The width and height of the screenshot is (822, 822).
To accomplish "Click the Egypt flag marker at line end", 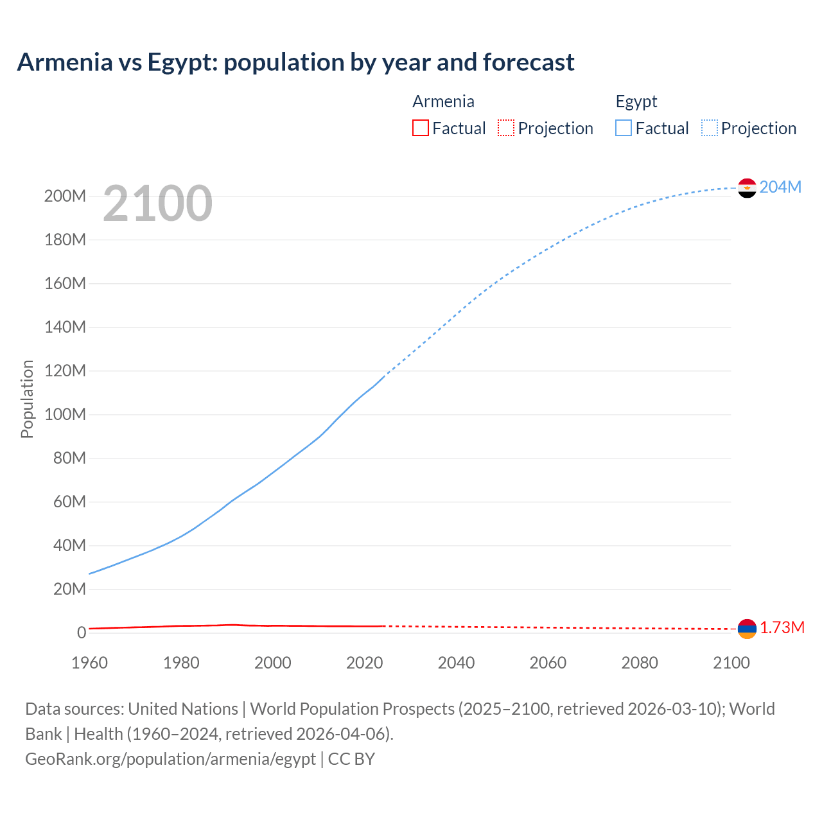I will (747, 188).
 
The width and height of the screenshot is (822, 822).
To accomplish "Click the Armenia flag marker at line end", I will (747, 629).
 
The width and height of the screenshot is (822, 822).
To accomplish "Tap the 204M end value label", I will (780, 187).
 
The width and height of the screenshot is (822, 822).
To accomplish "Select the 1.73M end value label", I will (782, 627).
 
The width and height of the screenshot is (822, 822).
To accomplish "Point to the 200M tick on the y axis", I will (65, 196).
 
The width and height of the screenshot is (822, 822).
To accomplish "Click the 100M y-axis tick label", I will (65, 414).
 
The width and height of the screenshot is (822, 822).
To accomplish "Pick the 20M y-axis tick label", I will (69, 589).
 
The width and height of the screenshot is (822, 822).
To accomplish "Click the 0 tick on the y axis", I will (82, 633).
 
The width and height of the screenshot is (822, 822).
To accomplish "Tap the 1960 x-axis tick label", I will (89, 663).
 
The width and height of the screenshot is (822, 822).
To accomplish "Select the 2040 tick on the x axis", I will (456, 663).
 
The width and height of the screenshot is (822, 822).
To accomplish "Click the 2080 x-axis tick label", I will (640, 663).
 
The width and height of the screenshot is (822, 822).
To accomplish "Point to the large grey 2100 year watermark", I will (157, 203).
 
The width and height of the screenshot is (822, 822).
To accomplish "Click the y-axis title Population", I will (27, 399).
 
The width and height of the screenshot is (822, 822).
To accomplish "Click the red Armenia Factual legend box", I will (420, 128).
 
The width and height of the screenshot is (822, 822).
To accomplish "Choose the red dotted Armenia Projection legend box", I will (506, 128).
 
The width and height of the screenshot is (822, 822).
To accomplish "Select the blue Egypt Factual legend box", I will (623, 128).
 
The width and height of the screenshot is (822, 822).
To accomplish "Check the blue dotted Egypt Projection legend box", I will (710, 128).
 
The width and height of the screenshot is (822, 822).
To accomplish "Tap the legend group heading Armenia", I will (443, 101).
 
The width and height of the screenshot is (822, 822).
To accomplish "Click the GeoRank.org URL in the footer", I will (170, 758).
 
